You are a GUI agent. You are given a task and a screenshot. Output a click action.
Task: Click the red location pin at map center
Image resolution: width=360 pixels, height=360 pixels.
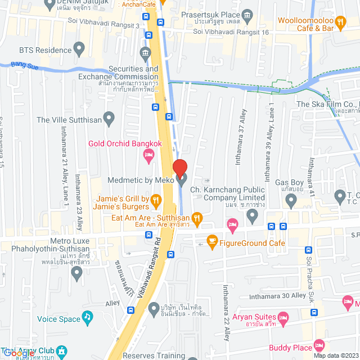pyautogui.click(x=179, y=168)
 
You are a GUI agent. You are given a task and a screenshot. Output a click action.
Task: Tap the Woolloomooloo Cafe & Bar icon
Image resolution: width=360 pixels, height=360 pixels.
pyautogui.click(x=340, y=22)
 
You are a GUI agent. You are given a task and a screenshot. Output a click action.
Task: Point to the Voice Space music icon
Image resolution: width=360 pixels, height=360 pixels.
pyautogui.click(x=87, y=318)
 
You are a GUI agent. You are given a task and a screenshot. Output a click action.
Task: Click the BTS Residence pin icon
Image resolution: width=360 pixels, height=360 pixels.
pyautogui.click(x=79, y=49)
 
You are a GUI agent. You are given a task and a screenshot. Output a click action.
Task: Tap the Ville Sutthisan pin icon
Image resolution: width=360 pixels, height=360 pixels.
pyautogui.click(x=109, y=119)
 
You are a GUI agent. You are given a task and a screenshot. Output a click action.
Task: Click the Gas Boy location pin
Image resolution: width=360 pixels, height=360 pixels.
pyautogui.click(x=291, y=201)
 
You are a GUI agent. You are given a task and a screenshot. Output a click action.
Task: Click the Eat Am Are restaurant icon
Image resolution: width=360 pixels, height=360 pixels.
pyautogui.click(x=197, y=217)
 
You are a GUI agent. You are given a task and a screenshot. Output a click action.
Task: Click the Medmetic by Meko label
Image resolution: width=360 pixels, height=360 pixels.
pyautogui.click(x=141, y=180)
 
